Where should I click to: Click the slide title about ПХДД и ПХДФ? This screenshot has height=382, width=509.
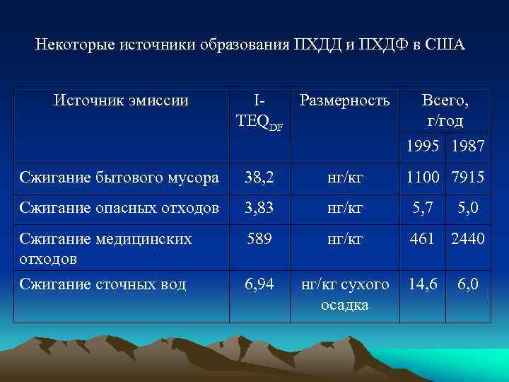[250, 45]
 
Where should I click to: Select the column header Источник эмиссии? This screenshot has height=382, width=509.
[121, 100]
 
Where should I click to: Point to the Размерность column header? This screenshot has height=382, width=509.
[344, 100]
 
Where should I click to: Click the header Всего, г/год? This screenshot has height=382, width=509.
[445, 110]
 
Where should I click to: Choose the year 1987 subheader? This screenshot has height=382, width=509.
[467, 146]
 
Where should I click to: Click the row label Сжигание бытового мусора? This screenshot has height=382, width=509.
[119, 178]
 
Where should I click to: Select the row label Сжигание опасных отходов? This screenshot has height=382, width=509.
[118, 208]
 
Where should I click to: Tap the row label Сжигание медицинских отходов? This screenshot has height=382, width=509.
[105, 248]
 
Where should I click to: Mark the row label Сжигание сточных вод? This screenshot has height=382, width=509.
[103, 284]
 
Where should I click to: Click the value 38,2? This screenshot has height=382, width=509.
[258, 178]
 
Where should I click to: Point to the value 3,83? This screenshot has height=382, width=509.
[258, 208]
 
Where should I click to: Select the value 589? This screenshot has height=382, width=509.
[258, 239]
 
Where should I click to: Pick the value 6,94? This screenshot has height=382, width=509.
[258, 284]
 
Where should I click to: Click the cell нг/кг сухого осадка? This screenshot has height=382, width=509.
[344, 294]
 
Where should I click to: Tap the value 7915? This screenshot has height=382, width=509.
[467, 178]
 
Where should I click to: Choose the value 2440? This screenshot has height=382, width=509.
[467, 239]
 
